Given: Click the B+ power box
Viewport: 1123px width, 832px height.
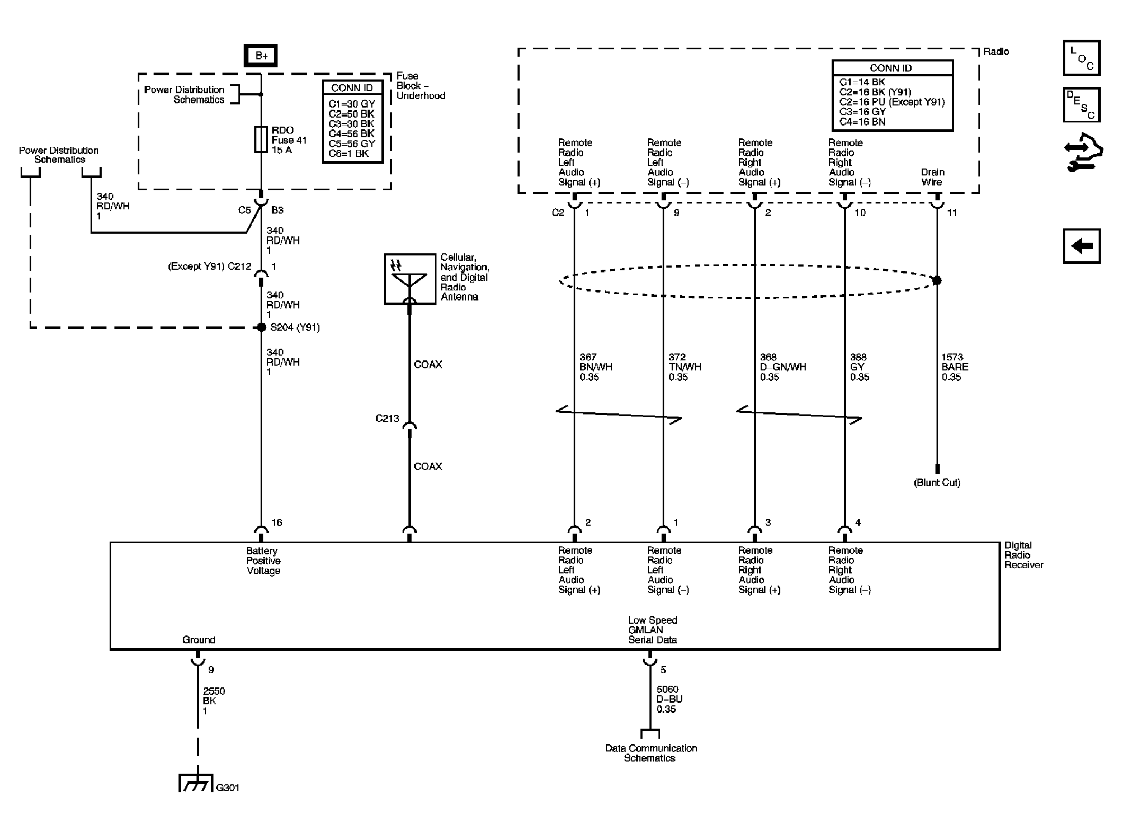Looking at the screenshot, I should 260,56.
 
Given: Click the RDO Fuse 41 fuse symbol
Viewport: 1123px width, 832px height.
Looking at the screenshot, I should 261,139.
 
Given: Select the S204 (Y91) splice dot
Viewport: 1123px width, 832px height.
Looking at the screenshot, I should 261,328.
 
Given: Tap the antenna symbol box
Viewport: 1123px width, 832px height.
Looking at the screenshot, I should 409,279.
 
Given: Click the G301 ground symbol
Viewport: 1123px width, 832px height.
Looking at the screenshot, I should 195,783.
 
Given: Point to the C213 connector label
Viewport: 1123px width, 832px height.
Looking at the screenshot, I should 387,418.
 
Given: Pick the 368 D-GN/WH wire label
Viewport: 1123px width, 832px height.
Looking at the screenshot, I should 782,367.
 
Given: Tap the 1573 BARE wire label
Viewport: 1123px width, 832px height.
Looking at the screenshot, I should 955,367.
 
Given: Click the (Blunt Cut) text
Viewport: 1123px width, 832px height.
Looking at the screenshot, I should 937,483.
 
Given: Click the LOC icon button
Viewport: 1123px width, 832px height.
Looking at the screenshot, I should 1081,58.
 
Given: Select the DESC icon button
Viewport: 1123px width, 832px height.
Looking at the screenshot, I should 1081,105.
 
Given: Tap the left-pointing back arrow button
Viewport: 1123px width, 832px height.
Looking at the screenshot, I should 1081,246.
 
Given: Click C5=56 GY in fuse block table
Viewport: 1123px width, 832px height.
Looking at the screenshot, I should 352,144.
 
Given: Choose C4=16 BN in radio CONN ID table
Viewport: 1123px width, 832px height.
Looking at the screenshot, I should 862,121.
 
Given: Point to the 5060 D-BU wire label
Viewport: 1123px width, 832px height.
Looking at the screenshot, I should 669,699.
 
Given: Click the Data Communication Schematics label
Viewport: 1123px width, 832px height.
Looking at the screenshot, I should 650,753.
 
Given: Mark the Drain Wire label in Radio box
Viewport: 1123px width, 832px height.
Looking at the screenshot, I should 932,177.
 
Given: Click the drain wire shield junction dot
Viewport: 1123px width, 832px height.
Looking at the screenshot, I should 937,280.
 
